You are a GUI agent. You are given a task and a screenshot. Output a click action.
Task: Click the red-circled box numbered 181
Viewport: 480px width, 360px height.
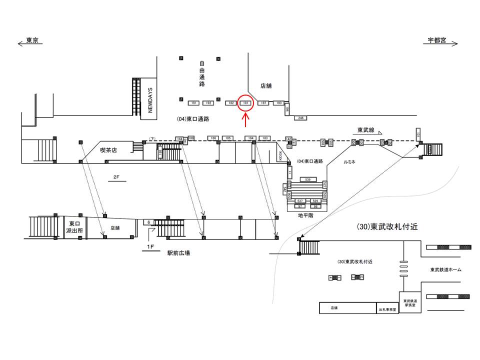pyautogui.click(x=245, y=103)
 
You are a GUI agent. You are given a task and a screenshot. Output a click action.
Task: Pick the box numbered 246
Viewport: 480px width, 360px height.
pyautogui.click(x=300, y=117)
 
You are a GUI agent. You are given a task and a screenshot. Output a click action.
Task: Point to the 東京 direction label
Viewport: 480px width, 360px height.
pyautogui.click(x=32, y=41)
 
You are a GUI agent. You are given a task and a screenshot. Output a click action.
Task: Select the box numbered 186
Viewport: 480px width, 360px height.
pyautogui.click(x=213, y=138)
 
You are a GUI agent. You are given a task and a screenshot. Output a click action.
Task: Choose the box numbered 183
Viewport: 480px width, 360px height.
pyautogui.click(x=265, y=138)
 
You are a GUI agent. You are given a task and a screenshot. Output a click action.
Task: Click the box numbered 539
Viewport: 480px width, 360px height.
pyautogui.click(x=307, y=179)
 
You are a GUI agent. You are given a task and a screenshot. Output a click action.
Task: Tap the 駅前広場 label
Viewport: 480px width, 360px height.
pyautogui.click(x=178, y=253)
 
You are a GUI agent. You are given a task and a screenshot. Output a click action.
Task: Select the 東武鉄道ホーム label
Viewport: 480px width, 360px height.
pyautogui.click(x=445, y=270)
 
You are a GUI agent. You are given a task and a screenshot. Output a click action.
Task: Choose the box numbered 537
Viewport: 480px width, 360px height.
pyautogui.click(x=300, y=200)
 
